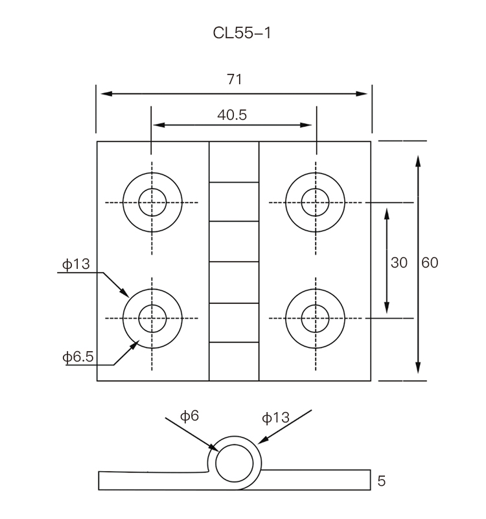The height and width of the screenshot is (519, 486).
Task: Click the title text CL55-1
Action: [242, 33]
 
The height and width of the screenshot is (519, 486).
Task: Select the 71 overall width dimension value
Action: [234, 79]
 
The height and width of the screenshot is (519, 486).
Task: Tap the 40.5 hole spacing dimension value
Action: [232, 115]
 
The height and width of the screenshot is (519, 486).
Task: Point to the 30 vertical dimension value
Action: [399, 262]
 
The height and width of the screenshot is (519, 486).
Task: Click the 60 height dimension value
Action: [430, 262]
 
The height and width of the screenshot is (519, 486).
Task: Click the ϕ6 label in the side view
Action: [190, 416]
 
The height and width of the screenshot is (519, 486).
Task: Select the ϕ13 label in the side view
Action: [275, 417]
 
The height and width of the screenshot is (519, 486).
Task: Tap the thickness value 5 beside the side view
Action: [381, 481]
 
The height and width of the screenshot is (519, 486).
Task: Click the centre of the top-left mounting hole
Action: [152, 203]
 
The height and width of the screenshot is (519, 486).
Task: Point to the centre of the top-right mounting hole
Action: [316, 203]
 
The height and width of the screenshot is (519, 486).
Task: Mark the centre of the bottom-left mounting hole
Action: [152, 317]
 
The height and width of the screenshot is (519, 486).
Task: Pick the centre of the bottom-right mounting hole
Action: [316, 317]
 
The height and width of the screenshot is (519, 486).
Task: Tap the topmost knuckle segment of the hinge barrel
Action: [234, 162]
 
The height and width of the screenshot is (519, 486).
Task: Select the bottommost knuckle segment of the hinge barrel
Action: [234, 361]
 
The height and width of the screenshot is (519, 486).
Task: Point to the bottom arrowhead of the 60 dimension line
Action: [419, 369]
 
